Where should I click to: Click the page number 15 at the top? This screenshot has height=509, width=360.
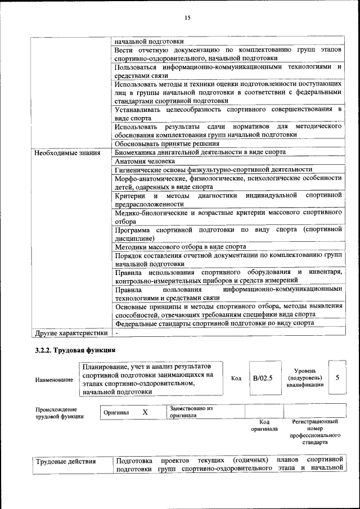188,17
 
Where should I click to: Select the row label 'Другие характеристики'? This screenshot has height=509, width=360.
70,333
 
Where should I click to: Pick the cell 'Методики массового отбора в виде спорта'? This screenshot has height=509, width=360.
180,246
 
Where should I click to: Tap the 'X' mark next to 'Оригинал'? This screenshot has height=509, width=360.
145,412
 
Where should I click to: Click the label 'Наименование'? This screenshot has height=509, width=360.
54,380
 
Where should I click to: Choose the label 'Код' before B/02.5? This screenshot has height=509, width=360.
236,378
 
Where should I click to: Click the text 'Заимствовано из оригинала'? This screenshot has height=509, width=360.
191,412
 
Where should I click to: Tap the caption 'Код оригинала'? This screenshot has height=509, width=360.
264,425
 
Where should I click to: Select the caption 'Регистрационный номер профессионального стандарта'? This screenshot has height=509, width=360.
315,431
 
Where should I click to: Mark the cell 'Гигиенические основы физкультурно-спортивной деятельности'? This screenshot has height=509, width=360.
213,169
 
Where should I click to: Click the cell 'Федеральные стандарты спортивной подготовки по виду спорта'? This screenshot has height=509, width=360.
214,324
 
